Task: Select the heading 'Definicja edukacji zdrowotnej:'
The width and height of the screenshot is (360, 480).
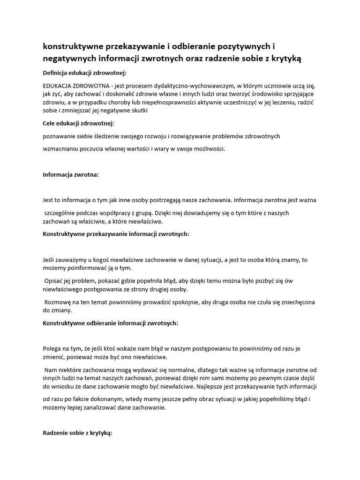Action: pos(85,73)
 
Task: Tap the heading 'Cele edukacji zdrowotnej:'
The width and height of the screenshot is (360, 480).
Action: pos(78,123)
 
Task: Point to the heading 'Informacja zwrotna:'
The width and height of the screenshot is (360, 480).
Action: pos(71,174)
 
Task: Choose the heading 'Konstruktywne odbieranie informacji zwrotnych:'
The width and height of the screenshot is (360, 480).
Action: pos(110,323)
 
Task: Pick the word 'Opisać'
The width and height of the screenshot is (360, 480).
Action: pos(54,281)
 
